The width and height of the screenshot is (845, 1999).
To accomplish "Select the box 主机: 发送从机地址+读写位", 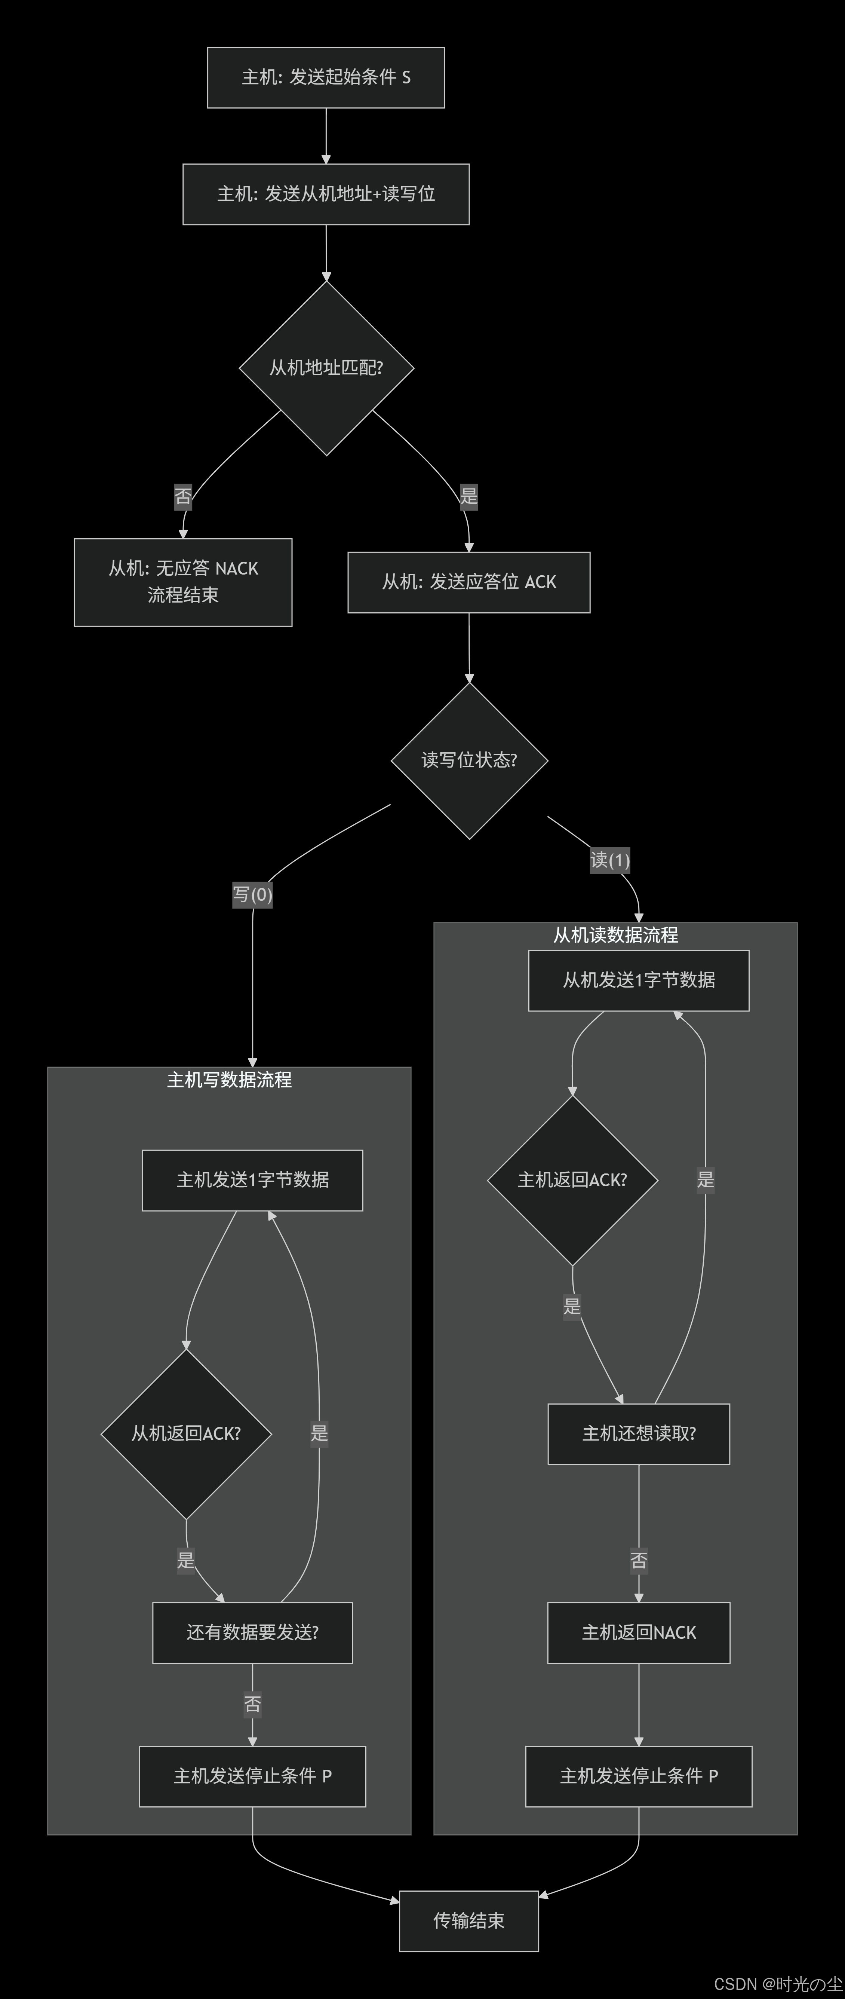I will pos(326,194).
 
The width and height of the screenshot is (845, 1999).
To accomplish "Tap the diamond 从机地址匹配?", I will pos(326,368).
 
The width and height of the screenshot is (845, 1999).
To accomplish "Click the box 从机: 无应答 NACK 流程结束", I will pos(183,582).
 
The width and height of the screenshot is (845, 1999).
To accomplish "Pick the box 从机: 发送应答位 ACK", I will pos(468,582).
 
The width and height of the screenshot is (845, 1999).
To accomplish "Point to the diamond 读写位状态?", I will pos(468,760).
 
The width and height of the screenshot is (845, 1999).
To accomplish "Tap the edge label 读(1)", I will pos(610,860).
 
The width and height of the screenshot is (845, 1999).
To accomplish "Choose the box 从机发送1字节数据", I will pos(639,980).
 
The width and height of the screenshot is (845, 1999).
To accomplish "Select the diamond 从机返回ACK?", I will pos(186,1433).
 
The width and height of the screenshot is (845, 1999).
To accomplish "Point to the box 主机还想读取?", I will pos(639,1433).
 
